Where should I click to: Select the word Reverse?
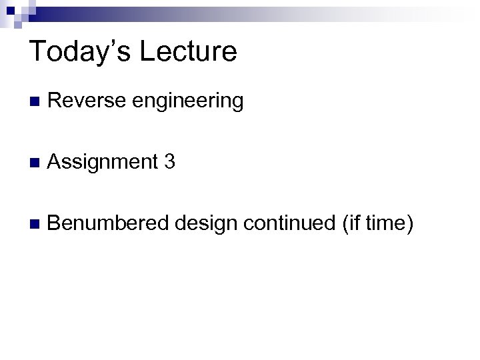coord(87,101)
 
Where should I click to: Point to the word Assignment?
coord(101,162)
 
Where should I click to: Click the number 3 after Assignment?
coord(169,161)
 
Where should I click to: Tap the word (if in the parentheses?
coord(351,222)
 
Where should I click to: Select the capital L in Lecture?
coord(143,51)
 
